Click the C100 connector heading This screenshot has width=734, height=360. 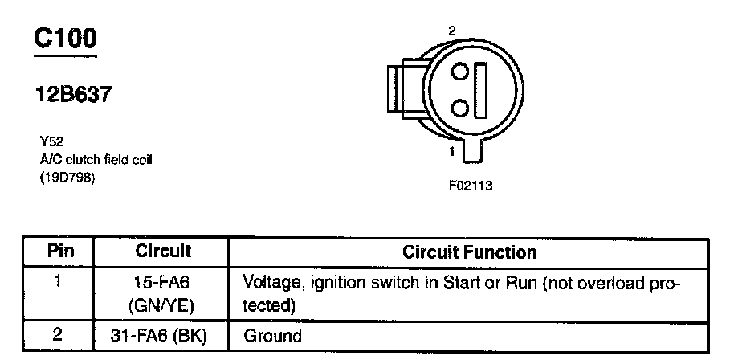pyautogui.click(x=66, y=38)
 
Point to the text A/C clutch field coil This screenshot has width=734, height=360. pyautogui.click(x=96, y=159)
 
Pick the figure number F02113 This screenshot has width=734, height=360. pyautogui.click(x=470, y=186)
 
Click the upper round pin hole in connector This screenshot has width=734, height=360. pyautogui.click(x=459, y=72)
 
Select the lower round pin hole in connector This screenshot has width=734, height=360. pyautogui.click(x=459, y=107)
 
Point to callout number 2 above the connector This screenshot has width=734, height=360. pyautogui.click(x=452, y=30)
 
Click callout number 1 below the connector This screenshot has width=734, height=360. pyautogui.click(x=452, y=150)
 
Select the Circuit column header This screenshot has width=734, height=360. pyautogui.click(x=162, y=252)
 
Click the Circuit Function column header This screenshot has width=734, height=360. pyautogui.click(x=469, y=252)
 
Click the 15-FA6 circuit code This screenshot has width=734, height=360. pyautogui.click(x=162, y=283)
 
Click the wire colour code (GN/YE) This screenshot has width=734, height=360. pyautogui.click(x=162, y=306)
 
